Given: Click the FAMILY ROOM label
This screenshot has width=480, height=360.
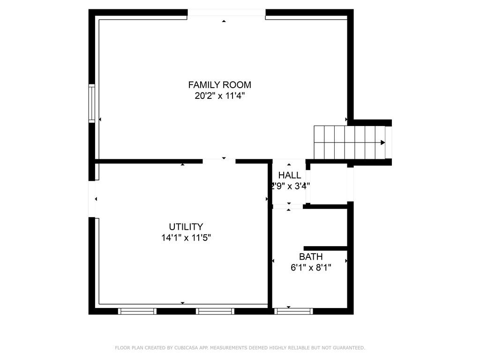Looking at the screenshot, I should (219, 85).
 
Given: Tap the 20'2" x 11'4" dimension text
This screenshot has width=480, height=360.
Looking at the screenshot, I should (219, 96).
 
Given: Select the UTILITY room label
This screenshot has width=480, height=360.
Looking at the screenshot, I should (186, 227).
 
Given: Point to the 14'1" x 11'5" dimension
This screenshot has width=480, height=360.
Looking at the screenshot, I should (186, 238).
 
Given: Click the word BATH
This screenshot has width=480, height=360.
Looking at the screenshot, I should (311, 257).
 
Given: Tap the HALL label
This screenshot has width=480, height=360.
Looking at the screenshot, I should (290, 175).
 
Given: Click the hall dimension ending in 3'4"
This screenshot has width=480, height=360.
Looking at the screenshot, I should (290, 186).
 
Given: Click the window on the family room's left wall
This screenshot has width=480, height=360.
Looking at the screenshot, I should (92, 103).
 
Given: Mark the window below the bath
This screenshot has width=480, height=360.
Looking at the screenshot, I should (293, 311).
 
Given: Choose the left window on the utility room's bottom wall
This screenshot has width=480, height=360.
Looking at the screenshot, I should (137, 311).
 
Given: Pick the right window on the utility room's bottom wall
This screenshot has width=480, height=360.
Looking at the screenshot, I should (215, 311).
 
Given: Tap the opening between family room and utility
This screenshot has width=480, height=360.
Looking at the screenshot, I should (219, 161).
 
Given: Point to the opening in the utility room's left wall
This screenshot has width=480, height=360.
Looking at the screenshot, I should (92, 199).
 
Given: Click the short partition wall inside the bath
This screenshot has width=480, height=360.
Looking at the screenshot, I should (325, 248).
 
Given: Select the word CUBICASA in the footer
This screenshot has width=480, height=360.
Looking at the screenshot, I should (187, 348).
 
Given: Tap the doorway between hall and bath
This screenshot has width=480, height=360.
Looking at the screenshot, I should (288, 206).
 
